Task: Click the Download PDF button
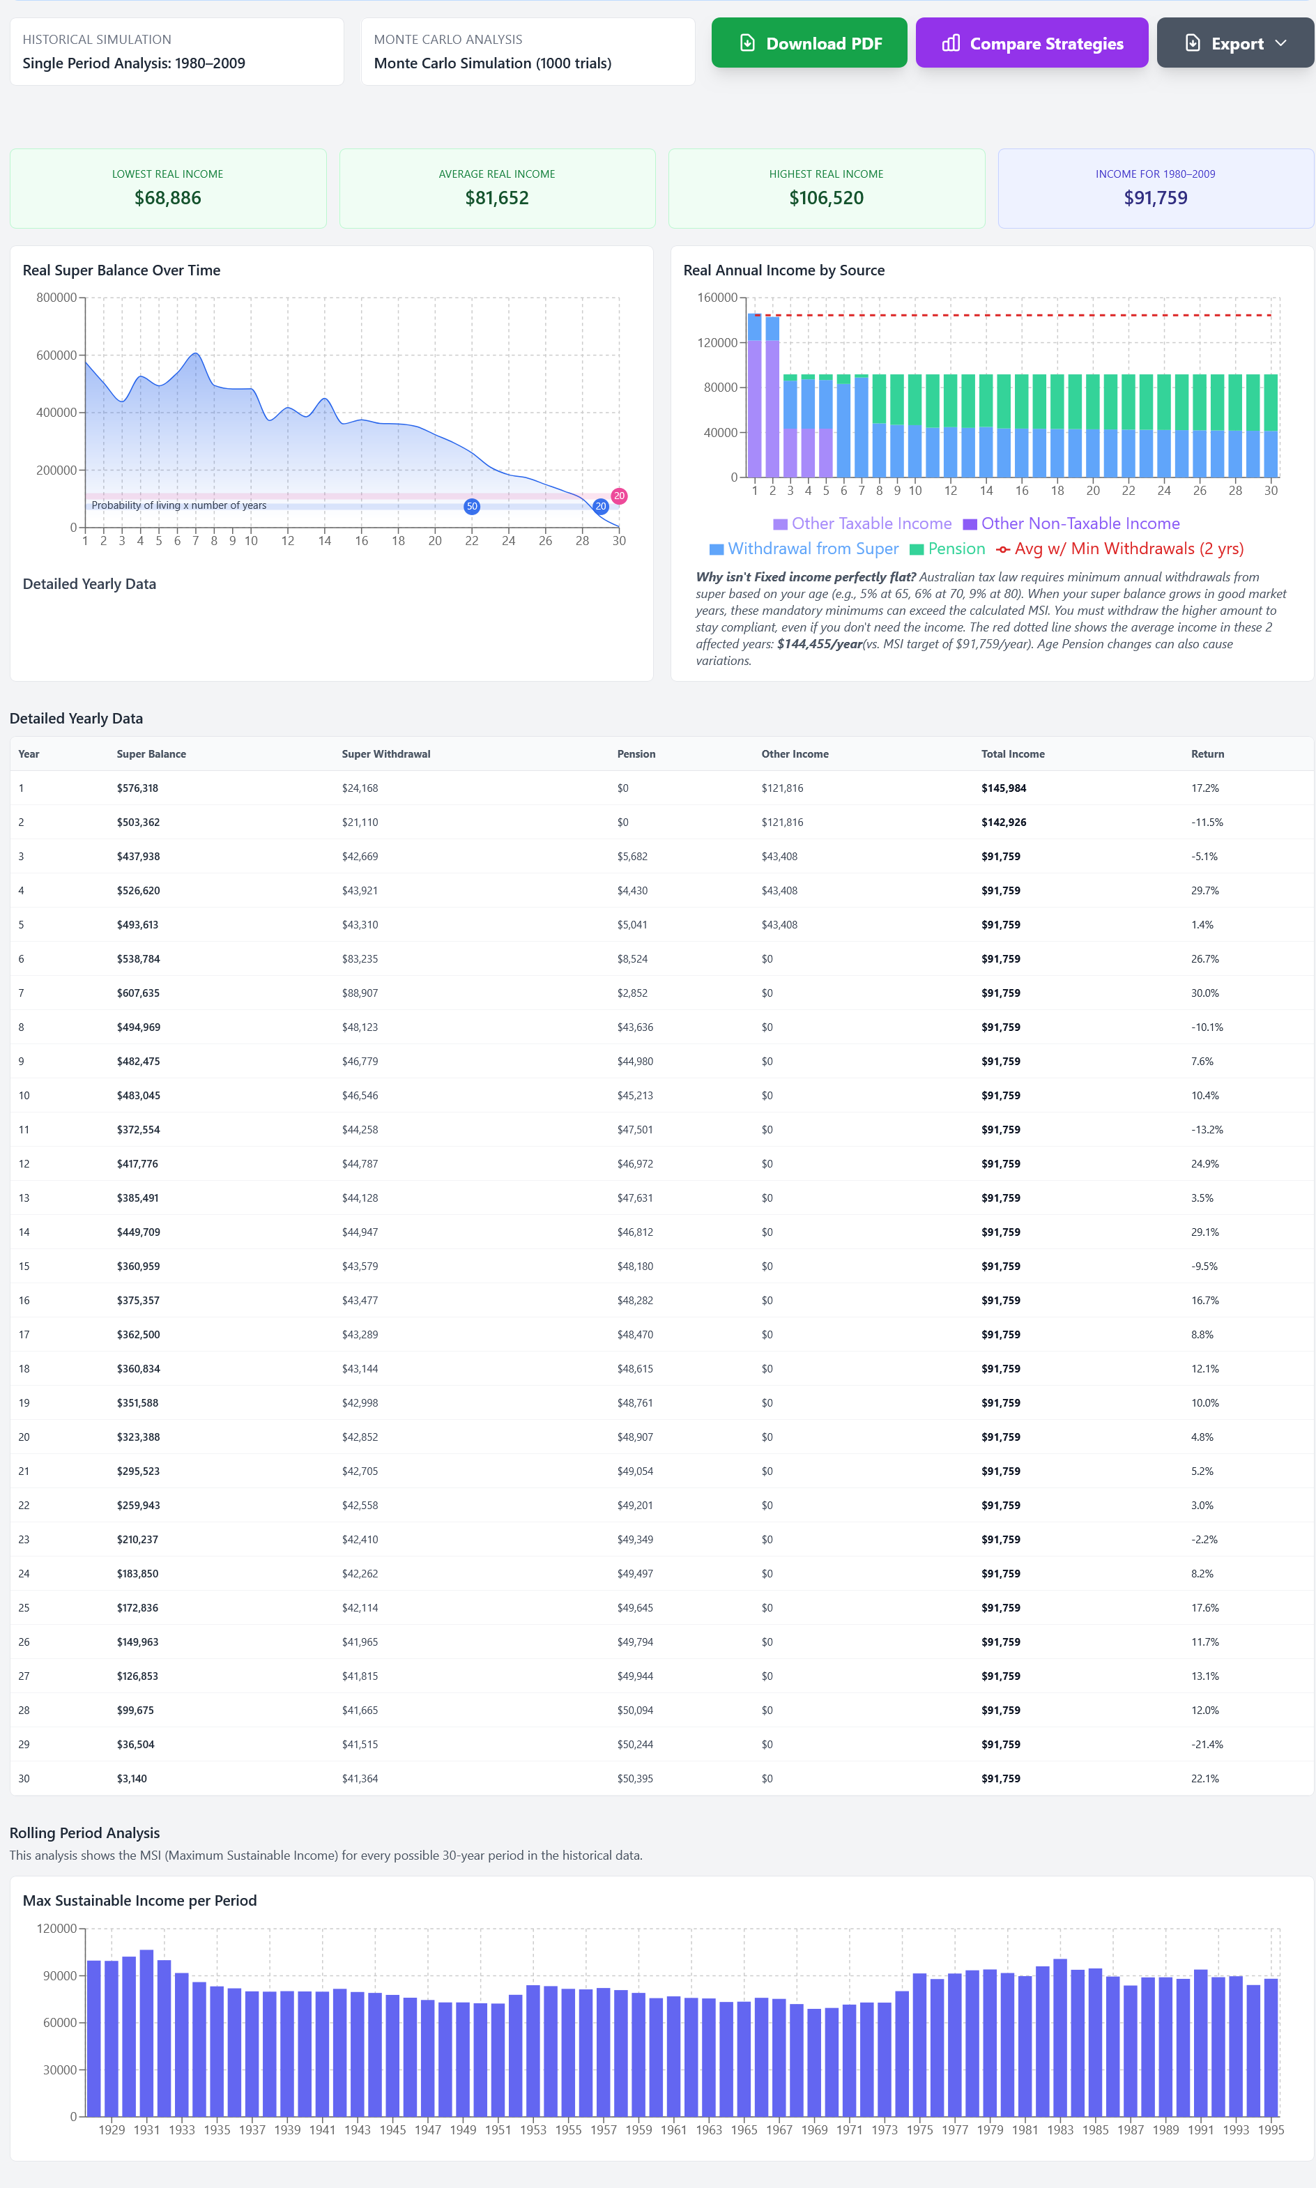(809, 43)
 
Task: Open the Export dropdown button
(1235, 43)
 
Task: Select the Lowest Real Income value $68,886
(167, 198)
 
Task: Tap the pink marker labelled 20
(619, 496)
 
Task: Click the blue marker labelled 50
(472, 506)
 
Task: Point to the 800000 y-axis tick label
(56, 298)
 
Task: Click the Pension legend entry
(947, 549)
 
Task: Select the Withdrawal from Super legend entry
(804, 549)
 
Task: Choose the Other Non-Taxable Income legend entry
(1071, 524)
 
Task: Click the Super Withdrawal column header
(385, 754)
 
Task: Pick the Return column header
(1207, 754)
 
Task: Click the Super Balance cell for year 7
(137, 993)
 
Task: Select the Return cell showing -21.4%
(1207, 1745)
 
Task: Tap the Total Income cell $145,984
(1004, 788)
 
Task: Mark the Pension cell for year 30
(635, 1778)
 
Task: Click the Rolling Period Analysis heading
(84, 1833)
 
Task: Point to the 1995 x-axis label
(1271, 2129)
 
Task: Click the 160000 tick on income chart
(717, 298)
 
